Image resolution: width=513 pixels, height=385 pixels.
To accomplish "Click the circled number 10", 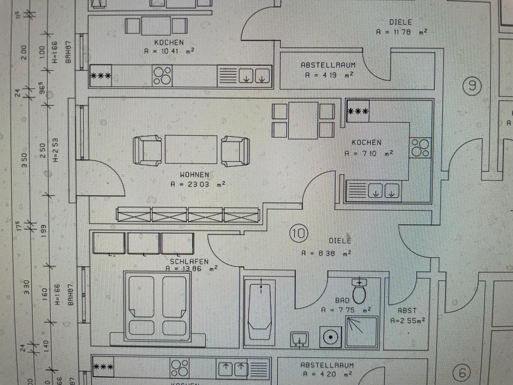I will coord(299,233).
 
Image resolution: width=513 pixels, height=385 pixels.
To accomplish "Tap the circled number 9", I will coord(472,86).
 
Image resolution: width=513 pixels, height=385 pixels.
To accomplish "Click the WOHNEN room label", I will coord(195,175).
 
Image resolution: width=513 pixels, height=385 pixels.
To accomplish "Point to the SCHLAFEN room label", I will coord(185,261).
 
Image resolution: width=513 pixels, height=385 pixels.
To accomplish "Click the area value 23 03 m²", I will coord(198,184).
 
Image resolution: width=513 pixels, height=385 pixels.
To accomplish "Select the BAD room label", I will coord(342,301).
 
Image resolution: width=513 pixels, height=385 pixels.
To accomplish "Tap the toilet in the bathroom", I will coord(359,291).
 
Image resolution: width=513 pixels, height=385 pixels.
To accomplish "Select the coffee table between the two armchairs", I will coord(191,150).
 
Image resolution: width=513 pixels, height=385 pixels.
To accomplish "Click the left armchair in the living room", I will coord(147,150).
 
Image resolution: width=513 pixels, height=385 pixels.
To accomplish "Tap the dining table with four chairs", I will coord(303,121).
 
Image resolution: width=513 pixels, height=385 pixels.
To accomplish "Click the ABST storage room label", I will coord(407,310).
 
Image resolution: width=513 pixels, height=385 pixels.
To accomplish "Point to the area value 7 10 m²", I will coord(369,152).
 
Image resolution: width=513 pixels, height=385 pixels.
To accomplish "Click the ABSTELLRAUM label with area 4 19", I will coord(328,65).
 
